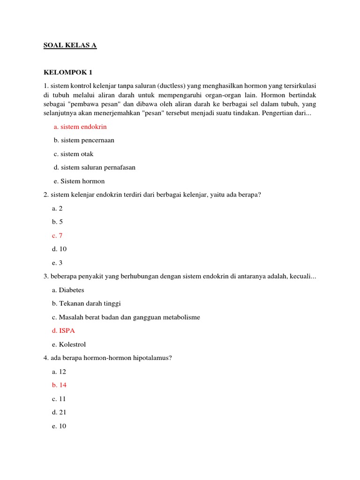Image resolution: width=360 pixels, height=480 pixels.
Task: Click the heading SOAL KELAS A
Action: click(x=70, y=45)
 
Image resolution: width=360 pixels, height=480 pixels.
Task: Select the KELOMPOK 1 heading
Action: click(x=68, y=72)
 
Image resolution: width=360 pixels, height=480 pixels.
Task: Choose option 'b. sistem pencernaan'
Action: click(x=84, y=140)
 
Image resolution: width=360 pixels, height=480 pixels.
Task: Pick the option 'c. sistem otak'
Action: click(x=74, y=154)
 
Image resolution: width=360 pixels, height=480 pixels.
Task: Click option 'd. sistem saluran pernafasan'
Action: click(x=94, y=167)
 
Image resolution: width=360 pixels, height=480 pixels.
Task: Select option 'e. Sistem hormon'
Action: click(x=79, y=181)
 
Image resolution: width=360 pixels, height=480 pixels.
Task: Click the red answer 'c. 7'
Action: click(x=57, y=235)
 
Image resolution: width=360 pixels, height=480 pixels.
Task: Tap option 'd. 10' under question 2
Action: click(x=60, y=249)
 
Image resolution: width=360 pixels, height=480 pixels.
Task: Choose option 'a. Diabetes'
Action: click(x=68, y=290)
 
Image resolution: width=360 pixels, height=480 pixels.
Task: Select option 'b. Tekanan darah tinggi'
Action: click(x=87, y=303)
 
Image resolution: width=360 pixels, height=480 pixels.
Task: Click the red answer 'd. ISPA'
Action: click(x=63, y=330)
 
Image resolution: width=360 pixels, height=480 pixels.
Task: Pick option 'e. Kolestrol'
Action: click(x=69, y=344)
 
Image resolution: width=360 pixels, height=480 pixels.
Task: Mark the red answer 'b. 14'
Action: click(x=60, y=385)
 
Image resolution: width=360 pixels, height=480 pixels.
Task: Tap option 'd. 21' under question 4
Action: click(x=60, y=412)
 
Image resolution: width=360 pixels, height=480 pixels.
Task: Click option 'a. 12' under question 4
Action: click(x=60, y=371)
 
